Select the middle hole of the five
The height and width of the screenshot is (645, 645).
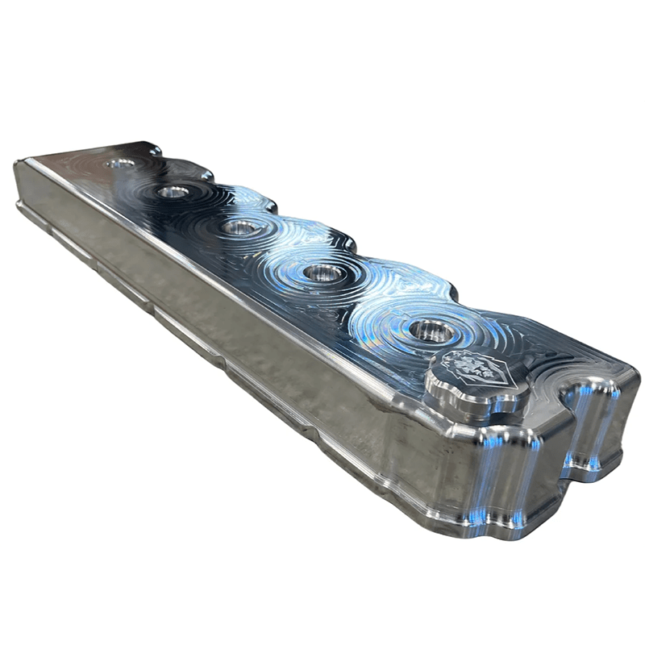tap(241, 227)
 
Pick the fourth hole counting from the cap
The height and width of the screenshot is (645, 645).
tap(173, 192)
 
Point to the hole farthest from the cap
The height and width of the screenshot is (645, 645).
tap(121, 164)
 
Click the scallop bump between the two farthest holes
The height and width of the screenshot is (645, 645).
tap(202, 172)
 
